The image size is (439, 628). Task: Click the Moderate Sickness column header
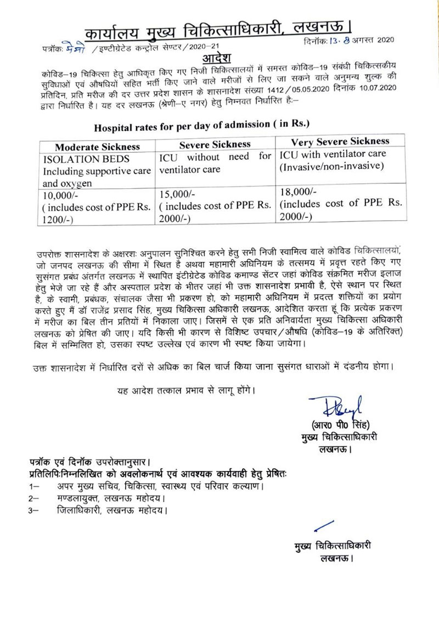click(x=97, y=147)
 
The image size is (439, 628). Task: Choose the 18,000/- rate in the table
click(x=296, y=192)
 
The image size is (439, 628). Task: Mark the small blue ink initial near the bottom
click(x=317, y=527)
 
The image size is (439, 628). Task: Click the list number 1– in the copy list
click(x=35, y=486)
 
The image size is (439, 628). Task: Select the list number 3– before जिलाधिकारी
click(x=35, y=510)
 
